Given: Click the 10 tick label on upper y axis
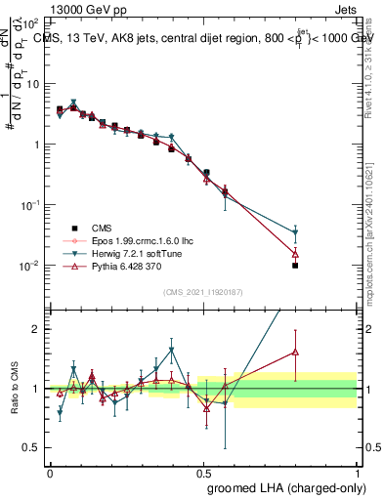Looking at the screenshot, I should (x=33, y=83).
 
